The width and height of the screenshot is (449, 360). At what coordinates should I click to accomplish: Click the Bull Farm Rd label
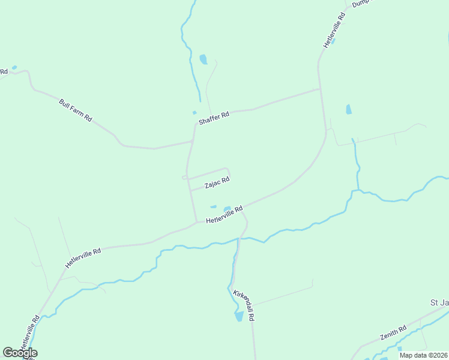75,110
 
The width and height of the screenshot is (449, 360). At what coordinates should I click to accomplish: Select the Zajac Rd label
217,182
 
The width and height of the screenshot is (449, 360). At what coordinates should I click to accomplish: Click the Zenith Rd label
393,333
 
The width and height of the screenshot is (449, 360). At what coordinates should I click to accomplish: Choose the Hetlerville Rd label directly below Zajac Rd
224,215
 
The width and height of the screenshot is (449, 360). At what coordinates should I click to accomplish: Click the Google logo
20,353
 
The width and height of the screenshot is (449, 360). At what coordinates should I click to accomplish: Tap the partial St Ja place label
439,302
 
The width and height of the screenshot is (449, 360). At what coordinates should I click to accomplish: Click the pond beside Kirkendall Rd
239,316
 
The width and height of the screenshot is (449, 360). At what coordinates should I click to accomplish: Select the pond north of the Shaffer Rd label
203,59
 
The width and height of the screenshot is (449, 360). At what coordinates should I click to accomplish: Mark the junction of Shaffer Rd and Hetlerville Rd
319,90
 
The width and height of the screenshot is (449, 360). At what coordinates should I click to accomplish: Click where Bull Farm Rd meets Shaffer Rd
192,142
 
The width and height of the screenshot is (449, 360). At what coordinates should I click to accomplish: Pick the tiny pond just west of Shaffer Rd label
194,112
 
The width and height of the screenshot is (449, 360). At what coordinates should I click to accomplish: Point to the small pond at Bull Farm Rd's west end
14,67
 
